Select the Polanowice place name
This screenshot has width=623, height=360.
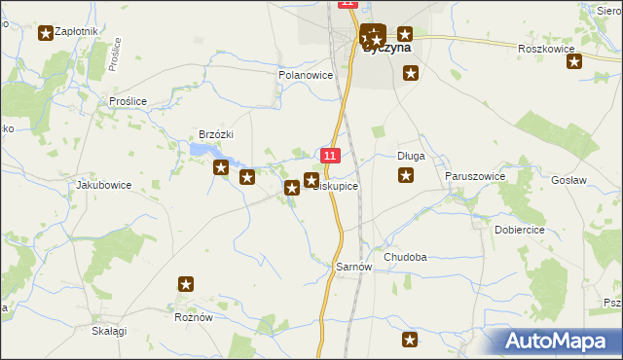click(x=306, y=75)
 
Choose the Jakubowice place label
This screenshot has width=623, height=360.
click(x=103, y=184)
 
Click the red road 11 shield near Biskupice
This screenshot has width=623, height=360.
click(x=331, y=156)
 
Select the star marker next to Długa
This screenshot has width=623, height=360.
click(x=406, y=175)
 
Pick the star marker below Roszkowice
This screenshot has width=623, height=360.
click(x=574, y=62)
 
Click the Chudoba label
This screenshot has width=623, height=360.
click(x=405, y=257)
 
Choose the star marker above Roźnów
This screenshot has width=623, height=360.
click(x=187, y=285)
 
